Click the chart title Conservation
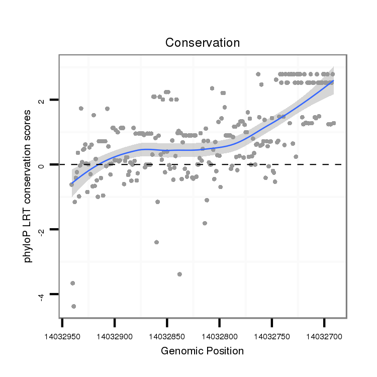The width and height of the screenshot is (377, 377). (203, 43)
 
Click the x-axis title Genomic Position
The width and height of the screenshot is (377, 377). (202, 351)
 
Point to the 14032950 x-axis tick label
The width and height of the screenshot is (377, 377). (62, 334)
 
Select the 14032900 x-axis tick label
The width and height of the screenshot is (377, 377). (115, 334)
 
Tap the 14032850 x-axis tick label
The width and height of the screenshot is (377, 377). (167, 334)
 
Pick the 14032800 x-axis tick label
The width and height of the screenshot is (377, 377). (220, 334)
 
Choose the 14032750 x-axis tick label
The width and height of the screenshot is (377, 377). (272, 334)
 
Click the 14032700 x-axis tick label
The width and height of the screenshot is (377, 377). (324, 334)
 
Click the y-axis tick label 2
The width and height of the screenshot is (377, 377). (42, 100)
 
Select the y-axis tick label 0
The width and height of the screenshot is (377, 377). (42, 165)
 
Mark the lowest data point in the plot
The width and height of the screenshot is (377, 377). (74, 306)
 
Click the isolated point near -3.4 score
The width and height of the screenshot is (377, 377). (179, 274)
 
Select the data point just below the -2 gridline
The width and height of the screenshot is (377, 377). (156, 242)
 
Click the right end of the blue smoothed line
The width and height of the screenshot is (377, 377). (333, 80)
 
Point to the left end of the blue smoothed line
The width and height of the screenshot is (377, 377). (71, 184)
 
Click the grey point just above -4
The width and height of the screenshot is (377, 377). (73, 284)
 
